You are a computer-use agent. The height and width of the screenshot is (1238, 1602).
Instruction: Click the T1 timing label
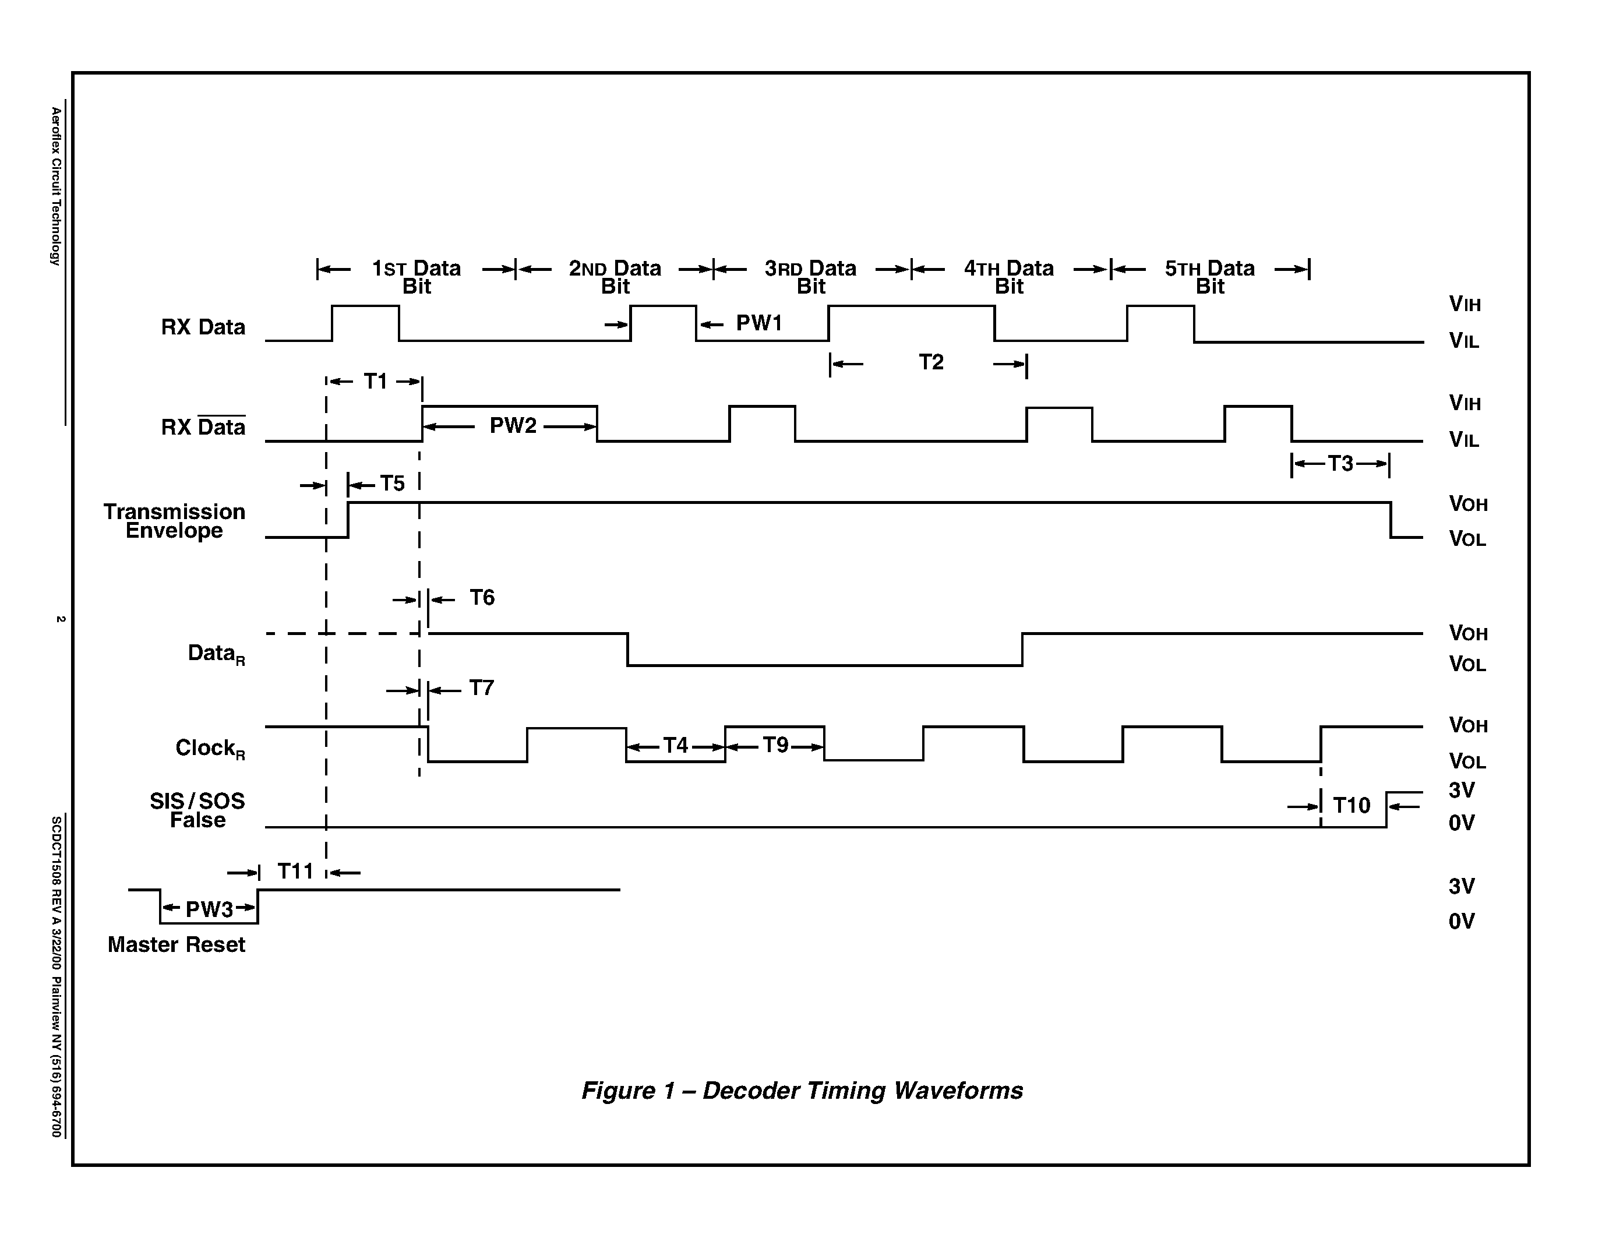tap(376, 382)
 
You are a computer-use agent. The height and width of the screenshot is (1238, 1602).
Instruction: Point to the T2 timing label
tap(931, 362)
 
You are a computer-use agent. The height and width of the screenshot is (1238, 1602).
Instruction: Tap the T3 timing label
tap(1340, 464)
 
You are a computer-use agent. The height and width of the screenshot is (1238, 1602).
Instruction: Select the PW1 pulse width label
tap(759, 323)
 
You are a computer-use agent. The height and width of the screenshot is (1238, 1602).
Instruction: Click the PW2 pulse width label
tap(513, 426)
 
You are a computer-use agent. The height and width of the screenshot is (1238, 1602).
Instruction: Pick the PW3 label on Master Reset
tap(209, 909)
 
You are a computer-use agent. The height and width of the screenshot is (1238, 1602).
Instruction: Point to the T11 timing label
tap(295, 872)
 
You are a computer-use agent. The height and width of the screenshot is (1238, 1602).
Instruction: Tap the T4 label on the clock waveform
tap(676, 746)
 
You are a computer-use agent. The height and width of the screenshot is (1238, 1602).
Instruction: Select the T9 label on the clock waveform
tap(775, 745)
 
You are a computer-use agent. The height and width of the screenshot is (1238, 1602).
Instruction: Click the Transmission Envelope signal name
tap(175, 521)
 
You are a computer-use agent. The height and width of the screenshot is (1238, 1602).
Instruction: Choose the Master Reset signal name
tap(176, 944)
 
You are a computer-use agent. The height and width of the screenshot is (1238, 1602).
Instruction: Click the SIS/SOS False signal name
tap(197, 810)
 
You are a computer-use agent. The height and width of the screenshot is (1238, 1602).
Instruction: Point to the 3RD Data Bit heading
tap(810, 277)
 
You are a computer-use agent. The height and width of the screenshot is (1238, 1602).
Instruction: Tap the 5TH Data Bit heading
tap(1209, 277)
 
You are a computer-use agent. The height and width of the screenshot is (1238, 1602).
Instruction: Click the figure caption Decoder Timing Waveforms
tap(802, 1091)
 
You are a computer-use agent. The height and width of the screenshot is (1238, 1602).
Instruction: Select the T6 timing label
tap(482, 598)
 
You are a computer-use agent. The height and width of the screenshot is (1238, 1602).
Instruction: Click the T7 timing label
tap(481, 688)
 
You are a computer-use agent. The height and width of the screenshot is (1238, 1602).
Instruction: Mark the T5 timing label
tap(393, 484)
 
